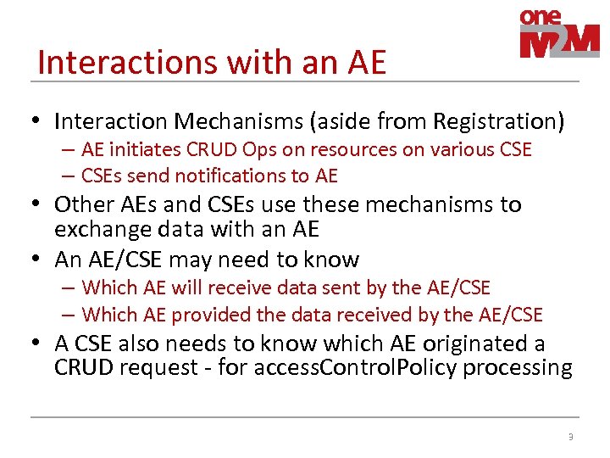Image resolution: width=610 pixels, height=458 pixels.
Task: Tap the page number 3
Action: pyautogui.click(x=570, y=437)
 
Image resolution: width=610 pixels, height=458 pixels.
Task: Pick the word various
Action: pyautogui.click(x=457, y=150)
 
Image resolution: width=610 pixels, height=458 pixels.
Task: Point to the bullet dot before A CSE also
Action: pyautogui.click(x=40, y=344)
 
